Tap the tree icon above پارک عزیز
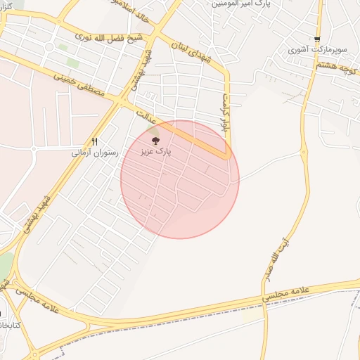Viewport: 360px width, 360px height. [155, 141]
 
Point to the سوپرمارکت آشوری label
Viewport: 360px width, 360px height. [316, 51]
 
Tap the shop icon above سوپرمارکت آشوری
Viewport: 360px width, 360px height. [317, 40]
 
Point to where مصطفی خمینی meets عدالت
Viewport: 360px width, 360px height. [120, 103]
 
